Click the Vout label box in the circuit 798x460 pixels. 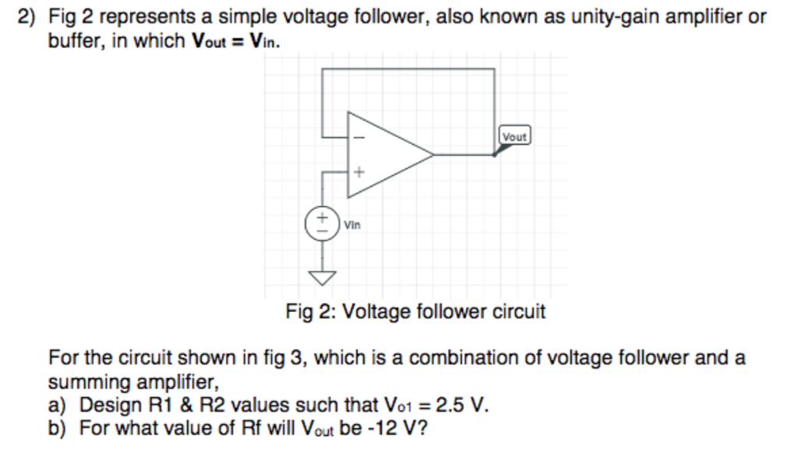(x=514, y=136)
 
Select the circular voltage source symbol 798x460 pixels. (x=320, y=219)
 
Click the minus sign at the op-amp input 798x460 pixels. (x=359, y=135)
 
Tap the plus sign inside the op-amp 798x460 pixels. (x=359, y=171)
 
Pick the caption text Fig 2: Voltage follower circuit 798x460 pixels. (x=415, y=312)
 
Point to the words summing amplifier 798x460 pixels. (x=133, y=382)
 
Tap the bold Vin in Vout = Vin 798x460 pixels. (x=263, y=40)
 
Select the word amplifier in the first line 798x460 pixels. (x=701, y=16)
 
